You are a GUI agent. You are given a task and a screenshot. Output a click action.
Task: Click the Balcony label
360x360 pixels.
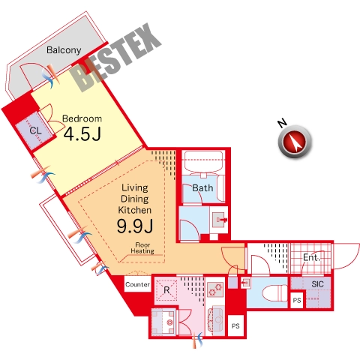[64, 50]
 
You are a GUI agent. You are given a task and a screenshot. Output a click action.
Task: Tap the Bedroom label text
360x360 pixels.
[82, 118]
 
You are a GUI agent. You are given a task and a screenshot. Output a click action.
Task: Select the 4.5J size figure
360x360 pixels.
[82, 134]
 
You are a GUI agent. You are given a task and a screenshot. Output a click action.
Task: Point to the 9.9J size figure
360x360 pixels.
[135, 226]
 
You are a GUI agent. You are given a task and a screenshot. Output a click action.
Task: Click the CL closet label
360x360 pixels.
[35, 130]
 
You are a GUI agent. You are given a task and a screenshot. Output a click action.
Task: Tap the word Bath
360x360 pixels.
[202, 188]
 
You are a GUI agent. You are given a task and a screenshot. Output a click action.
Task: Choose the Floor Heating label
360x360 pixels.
[142, 248]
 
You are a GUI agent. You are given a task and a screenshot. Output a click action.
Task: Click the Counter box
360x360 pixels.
[138, 284]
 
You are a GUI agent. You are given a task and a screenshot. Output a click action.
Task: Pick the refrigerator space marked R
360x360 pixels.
[166, 290]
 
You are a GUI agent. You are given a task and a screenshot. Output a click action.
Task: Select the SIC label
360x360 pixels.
[317, 284]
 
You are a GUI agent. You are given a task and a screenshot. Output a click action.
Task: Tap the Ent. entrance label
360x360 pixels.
[311, 257]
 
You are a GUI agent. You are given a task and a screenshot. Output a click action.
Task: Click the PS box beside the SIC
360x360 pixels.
[297, 300]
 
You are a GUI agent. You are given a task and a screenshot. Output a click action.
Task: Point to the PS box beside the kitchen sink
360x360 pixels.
[235, 325]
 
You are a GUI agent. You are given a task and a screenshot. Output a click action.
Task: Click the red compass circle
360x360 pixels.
[295, 142]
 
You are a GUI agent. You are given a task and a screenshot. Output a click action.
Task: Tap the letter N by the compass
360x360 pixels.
[282, 123]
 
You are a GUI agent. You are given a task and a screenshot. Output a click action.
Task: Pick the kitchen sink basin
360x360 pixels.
[216, 320]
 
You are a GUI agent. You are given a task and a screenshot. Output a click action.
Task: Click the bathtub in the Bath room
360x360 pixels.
[203, 162]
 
